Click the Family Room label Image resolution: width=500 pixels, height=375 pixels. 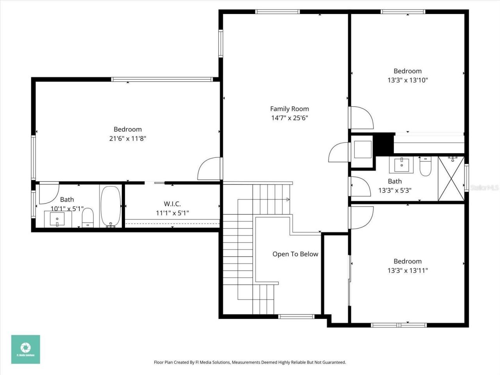tap(289, 109)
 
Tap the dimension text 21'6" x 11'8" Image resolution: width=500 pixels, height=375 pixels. tap(128, 138)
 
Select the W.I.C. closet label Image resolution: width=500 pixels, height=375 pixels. tap(172, 204)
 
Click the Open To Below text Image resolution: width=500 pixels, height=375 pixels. tap(295, 254)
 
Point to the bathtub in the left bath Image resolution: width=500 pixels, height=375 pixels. tap(111, 206)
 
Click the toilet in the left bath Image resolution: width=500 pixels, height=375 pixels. tap(88, 217)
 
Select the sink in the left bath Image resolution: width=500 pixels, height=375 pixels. tap(57, 219)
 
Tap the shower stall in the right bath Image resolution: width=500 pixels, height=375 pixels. tap(451, 179)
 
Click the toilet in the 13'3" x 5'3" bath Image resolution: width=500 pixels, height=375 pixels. tap(425, 166)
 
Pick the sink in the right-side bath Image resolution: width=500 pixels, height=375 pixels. tap(401, 165)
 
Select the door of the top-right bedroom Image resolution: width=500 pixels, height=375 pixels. tap(361, 118)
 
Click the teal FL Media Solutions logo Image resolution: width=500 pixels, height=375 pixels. tap(25, 349)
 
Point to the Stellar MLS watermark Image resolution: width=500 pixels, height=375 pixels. tap(484, 188)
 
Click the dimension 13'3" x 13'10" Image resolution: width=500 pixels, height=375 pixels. tap(407, 80)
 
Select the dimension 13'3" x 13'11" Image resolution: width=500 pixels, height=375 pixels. tap(407, 270)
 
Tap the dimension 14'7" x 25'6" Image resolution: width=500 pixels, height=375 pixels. tap(289, 118)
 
